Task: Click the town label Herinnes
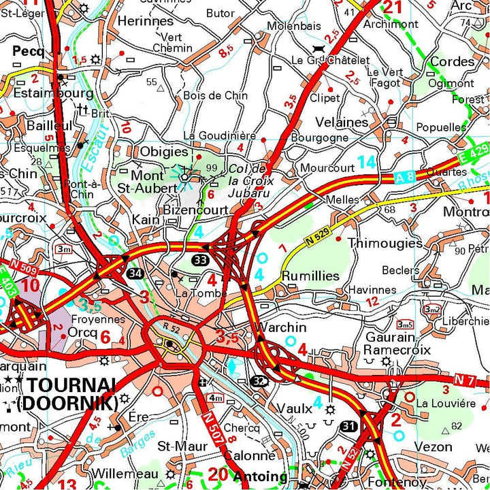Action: point(146,21)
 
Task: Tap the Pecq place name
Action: point(28,50)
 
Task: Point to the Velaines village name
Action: point(342,122)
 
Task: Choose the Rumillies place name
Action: point(310,276)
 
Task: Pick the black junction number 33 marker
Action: point(200,260)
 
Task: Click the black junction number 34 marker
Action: point(135,273)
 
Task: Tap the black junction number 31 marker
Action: point(350,425)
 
